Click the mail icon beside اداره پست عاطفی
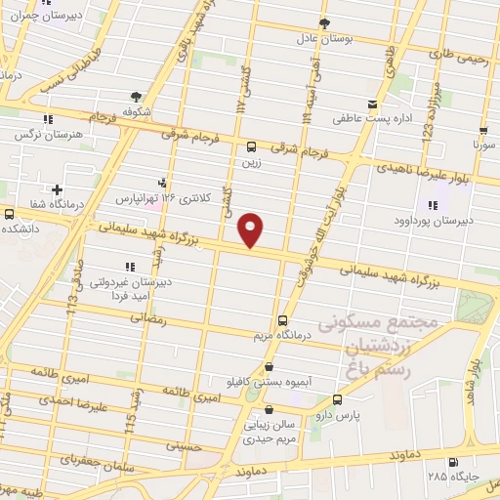(370, 104)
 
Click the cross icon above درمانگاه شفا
(58, 189)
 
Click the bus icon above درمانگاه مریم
(283, 319)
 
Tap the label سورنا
(485, 144)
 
